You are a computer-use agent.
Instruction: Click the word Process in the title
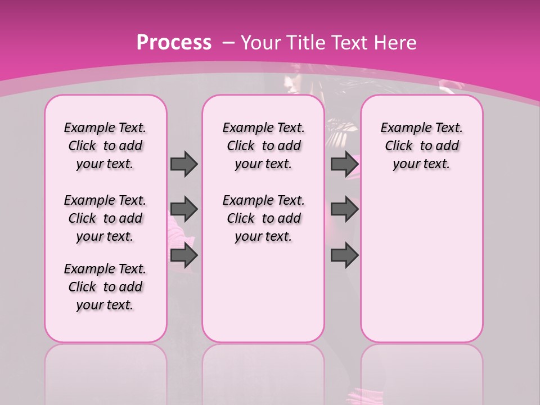(174, 42)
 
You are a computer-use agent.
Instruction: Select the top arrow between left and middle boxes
(184, 164)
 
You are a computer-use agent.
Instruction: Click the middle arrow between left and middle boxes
(184, 209)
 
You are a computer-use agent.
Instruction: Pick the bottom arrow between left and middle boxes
(184, 256)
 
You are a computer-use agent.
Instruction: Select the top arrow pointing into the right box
(344, 164)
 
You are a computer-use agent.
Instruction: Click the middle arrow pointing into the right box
(344, 209)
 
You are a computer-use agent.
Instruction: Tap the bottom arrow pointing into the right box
(344, 256)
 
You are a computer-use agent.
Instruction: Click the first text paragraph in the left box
(105, 146)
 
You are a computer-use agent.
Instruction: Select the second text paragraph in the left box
(105, 218)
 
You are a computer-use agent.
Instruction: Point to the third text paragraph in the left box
(105, 287)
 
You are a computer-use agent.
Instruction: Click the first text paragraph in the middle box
(263, 146)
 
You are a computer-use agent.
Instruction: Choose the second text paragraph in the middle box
(263, 218)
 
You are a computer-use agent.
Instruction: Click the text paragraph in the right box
(421, 146)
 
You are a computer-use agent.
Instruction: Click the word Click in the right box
(399, 146)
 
